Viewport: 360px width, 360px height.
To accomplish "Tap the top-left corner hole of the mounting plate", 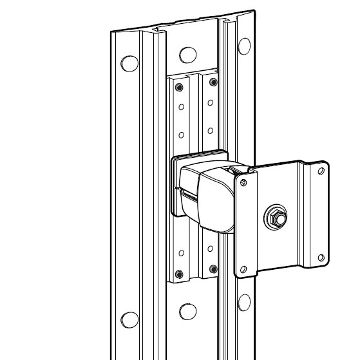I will [244, 184].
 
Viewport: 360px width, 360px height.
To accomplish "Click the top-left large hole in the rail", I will [130, 63].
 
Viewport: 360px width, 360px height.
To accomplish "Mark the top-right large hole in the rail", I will [244, 45].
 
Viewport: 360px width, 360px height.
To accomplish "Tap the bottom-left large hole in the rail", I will [130, 319].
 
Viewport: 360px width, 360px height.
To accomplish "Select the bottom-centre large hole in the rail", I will [187, 310].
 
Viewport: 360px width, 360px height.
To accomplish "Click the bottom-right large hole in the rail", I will [244, 301].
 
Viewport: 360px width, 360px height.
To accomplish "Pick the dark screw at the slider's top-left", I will [180, 86].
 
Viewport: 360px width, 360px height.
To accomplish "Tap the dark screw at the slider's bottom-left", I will [180, 269].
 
